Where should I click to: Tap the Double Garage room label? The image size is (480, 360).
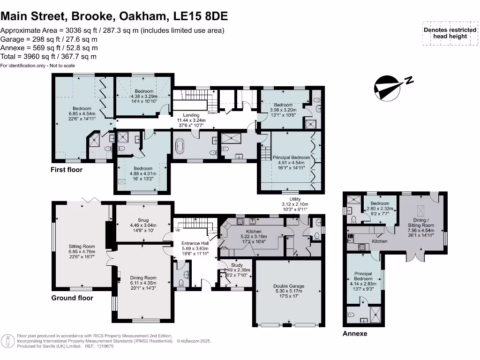click(289, 285)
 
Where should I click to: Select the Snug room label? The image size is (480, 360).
click(143, 220)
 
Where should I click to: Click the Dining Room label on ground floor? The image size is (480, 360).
click(143, 278)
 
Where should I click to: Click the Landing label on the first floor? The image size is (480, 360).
click(191, 115)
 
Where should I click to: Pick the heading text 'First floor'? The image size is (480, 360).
click(67, 170)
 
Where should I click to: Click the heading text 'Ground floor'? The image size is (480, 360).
click(72, 298)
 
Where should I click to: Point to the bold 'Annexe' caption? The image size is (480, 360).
click(355, 334)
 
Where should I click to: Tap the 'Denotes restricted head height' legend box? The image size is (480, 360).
click(446, 33)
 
